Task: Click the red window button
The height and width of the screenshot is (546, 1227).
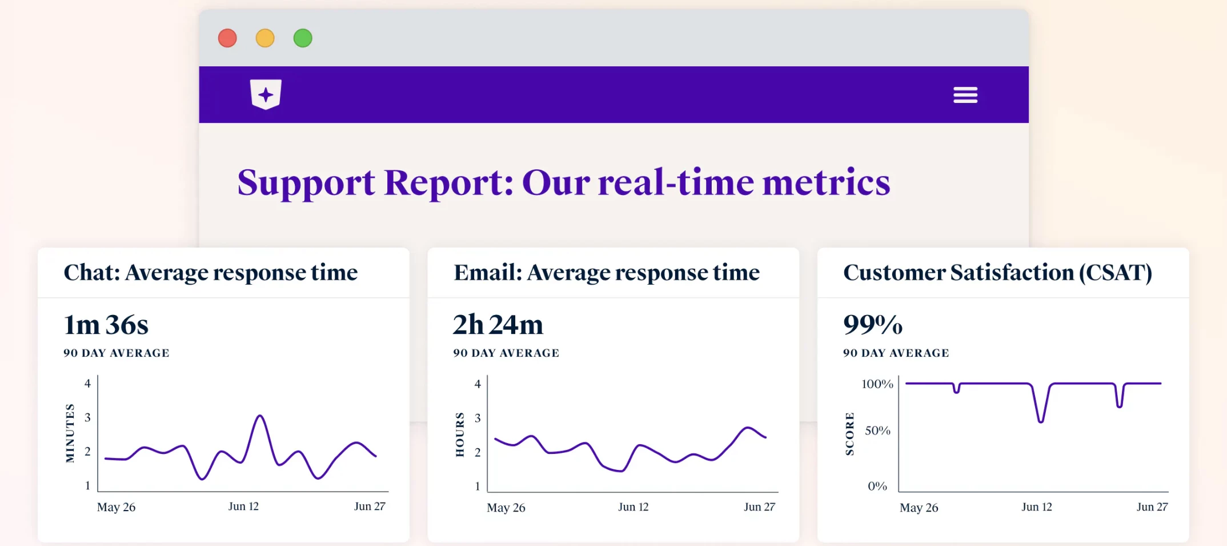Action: pyautogui.click(x=227, y=38)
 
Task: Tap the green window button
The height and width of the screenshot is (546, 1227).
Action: pyautogui.click(x=303, y=38)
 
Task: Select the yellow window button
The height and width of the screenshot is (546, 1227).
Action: pyautogui.click(x=265, y=38)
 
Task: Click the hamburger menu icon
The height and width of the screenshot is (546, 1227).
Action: pyautogui.click(x=965, y=95)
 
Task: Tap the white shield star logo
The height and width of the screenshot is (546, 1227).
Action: pyautogui.click(x=266, y=94)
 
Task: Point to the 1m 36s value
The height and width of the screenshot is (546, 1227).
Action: pyautogui.click(x=106, y=325)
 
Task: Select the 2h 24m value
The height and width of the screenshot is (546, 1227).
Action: pyautogui.click(x=498, y=325)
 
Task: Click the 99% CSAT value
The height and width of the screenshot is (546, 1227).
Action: pyautogui.click(x=873, y=325)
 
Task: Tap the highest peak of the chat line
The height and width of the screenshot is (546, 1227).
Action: pyautogui.click(x=260, y=416)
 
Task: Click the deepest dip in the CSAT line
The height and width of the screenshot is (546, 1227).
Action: pyautogui.click(x=1041, y=421)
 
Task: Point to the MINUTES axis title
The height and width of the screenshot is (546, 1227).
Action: pyautogui.click(x=70, y=433)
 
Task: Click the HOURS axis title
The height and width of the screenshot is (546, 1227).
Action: pyautogui.click(x=460, y=435)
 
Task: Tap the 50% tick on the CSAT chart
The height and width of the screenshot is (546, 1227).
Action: pyautogui.click(x=877, y=431)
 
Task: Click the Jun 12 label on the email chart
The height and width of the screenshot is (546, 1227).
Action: pyautogui.click(x=633, y=507)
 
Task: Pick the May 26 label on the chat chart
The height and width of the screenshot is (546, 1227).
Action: pyautogui.click(x=116, y=507)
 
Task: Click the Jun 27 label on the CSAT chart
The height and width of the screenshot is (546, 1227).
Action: pyautogui.click(x=1152, y=507)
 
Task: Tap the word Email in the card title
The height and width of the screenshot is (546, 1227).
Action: pyautogui.click(x=487, y=273)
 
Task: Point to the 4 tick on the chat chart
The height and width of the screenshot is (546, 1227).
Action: pyautogui.click(x=87, y=384)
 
